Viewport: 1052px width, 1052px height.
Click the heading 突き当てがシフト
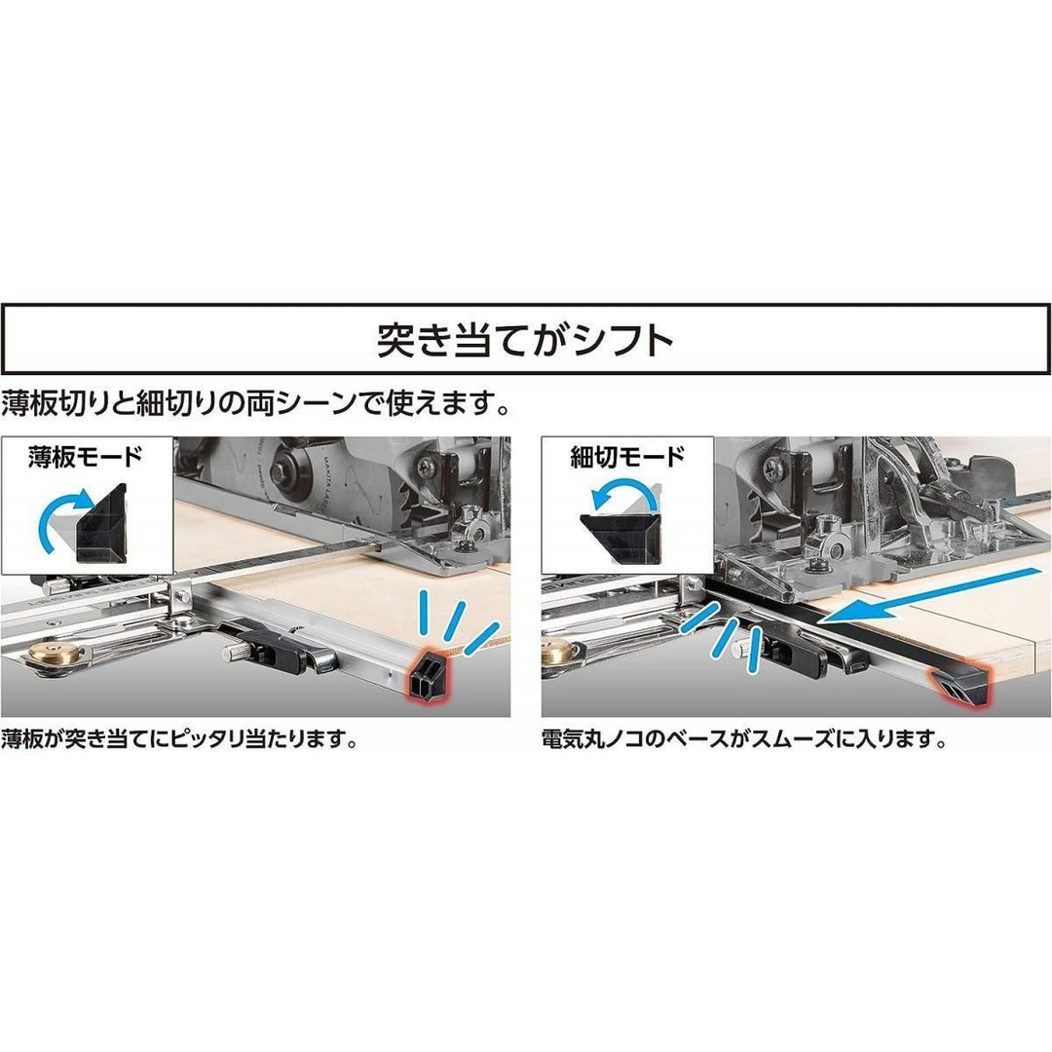525,340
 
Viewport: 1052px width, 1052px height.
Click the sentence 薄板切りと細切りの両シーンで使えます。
255,404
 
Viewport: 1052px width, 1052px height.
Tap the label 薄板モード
86,458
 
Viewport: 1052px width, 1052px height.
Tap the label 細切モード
627,458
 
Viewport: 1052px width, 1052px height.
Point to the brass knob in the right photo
559,652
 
